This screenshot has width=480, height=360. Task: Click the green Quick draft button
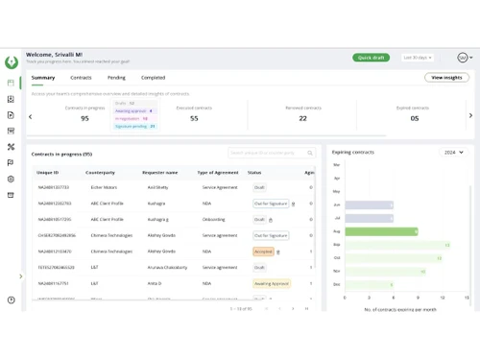pos(372,58)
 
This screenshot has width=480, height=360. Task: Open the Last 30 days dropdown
pos(418,58)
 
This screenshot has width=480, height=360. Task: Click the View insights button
pos(446,77)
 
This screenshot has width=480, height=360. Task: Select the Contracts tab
pos(81,77)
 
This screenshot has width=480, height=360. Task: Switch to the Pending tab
pos(116,77)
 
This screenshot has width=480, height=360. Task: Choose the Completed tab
pos(153,77)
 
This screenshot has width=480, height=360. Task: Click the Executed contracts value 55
pos(194,118)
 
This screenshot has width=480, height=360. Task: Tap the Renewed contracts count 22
pos(303,118)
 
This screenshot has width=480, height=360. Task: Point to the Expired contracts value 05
pos(414,118)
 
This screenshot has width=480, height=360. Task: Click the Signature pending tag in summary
pos(134,126)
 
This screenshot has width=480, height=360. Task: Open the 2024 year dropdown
pos(454,152)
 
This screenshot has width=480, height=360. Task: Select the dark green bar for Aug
pos(381,231)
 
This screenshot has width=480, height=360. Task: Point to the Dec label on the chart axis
pos(336,284)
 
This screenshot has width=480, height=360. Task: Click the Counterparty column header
pos(100,172)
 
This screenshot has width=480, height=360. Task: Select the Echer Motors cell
pos(103,187)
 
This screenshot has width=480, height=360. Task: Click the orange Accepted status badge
pos(262,252)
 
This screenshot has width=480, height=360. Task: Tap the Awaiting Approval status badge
pos(272,284)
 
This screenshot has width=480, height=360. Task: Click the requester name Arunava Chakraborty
pos(167,268)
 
